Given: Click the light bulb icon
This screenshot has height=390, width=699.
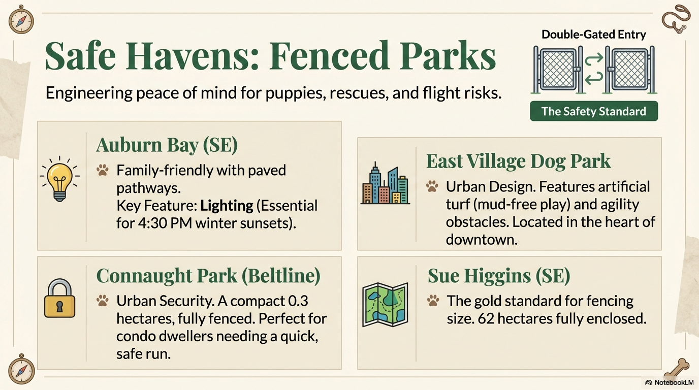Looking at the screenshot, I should click(59, 178).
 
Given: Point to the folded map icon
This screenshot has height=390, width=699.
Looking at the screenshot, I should click(385, 305).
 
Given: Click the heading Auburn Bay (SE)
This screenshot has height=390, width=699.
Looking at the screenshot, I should click(167, 145).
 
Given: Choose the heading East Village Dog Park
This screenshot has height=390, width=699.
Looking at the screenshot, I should click(518, 161).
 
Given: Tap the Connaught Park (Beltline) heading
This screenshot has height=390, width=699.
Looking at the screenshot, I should click(208, 276).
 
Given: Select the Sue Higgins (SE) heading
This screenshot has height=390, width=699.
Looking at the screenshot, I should click(498, 276).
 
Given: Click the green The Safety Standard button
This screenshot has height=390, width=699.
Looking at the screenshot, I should click(593, 111).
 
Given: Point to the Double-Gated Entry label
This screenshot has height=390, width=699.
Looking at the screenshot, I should click(593, 35).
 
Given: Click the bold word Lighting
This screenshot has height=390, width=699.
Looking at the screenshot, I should click(227, 206).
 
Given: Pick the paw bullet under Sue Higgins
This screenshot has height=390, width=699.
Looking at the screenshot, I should click(433, 301).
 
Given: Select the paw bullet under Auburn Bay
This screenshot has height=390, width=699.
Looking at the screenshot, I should click(103, 170).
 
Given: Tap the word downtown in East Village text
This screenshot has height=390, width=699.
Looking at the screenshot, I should click(481, 239).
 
